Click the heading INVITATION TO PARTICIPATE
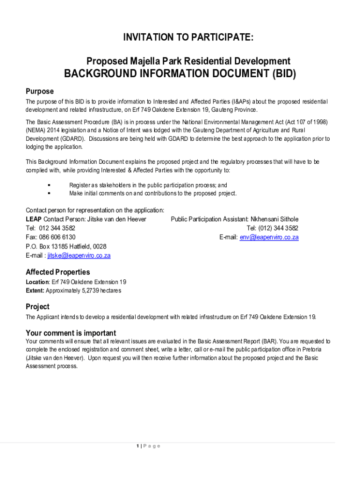click(x=188, y=38)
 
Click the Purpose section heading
click(x=40, y=91)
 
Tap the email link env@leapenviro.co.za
click(x=269, y=237)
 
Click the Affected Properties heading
click(x=58, y=272)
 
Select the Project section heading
click(x=37, y=307)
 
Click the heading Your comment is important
click(x=71, y=333)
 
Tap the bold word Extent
click(x=35, y=291)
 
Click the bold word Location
click(x=37, y=282)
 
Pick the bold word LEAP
click(x=34, y=219)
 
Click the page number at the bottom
click(x=138, y=446)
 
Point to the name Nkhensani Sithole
click(x=274, y=219)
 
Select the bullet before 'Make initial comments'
click(x=49, y=193)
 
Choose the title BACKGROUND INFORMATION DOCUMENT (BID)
click(x=180, y=74)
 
